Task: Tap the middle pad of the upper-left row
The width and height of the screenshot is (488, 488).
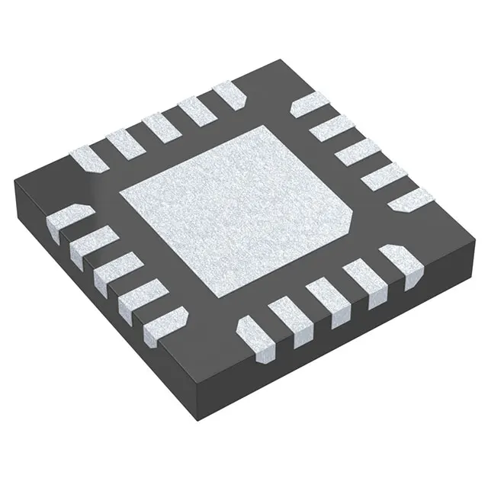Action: click(x=159, y=127)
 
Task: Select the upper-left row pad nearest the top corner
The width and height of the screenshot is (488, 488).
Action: click(x=228, y=95)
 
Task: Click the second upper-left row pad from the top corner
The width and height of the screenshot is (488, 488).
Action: click(x=194, y=111)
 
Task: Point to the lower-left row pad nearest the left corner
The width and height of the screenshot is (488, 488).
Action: click(x=64, y=220)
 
